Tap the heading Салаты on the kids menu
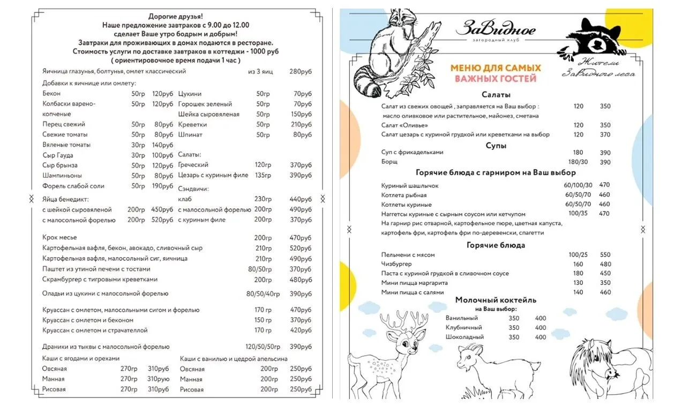[496, 95]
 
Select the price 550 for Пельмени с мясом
[605, 255]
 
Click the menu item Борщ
[390, 162]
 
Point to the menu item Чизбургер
[396, 264]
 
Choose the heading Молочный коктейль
[496, 300]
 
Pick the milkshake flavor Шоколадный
[465, 337]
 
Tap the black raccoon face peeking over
[600, 37]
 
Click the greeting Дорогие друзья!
[176, 16]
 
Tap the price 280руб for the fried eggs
[301, 71]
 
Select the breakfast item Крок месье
[59, 237]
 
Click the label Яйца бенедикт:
[65, 199]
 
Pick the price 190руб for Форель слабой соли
[162, 186]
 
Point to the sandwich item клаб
[184, 199]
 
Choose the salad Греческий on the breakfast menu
[193, 165]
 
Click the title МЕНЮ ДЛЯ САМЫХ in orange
[496, 68]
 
